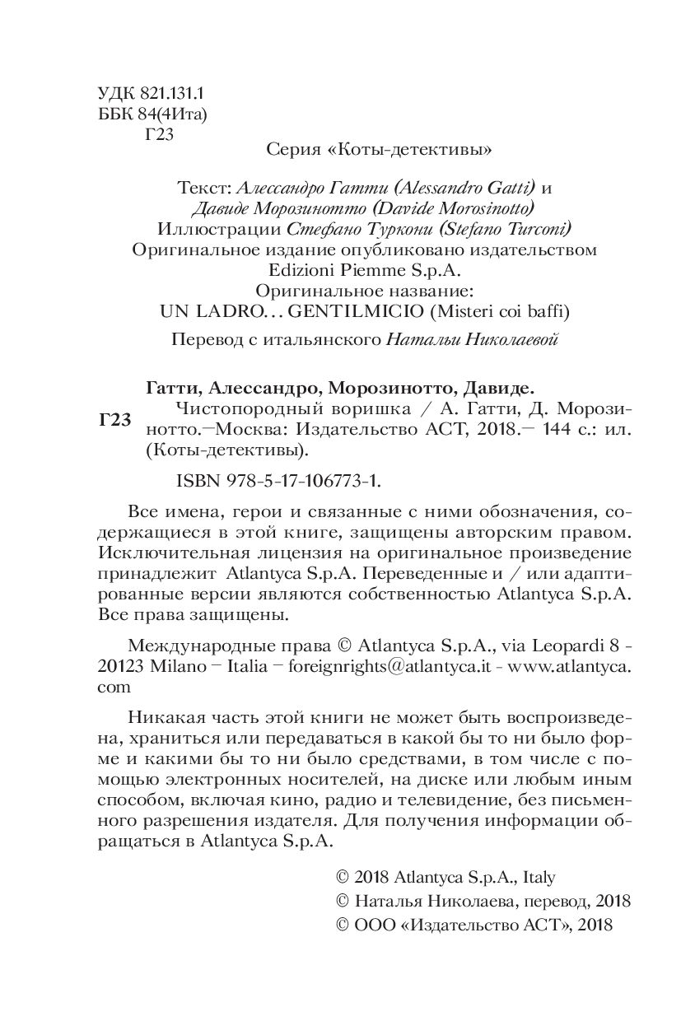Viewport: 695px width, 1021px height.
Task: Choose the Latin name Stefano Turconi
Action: (506, 227)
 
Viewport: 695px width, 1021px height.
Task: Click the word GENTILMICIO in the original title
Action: (352, 310)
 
